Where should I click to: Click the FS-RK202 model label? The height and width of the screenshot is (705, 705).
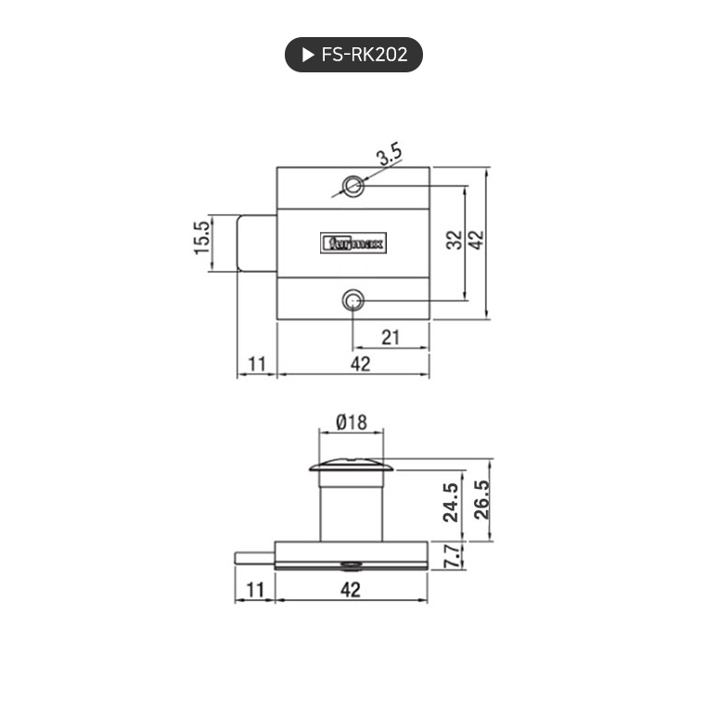coord(364,55)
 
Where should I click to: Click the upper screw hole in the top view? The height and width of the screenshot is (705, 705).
coord(352,186)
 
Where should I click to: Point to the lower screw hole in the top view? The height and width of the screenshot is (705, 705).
coord(352,301)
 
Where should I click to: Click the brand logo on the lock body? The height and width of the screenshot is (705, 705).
coord(354,244)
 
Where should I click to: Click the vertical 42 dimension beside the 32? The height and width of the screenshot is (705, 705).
coord(476,241)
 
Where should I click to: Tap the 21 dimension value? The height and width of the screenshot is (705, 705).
coord(391,338)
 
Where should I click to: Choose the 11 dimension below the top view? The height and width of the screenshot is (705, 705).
coord(257,364)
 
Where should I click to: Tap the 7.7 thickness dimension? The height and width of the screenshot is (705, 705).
coord(452,557)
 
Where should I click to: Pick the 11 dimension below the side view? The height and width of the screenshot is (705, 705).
coord(255,588)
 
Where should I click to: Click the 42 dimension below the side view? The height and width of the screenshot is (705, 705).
coord(351,588)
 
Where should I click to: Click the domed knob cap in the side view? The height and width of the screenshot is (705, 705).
coord(352,466)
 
